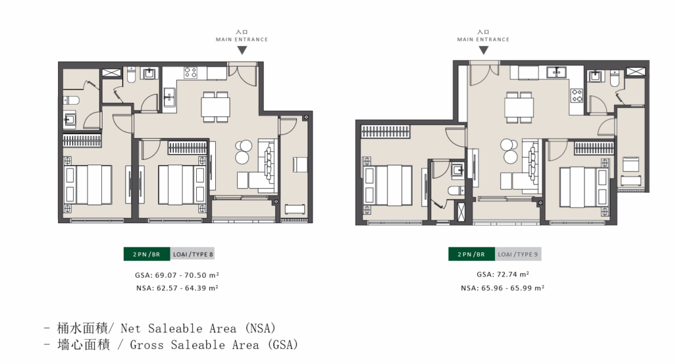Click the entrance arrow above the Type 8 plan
tap(242, 50)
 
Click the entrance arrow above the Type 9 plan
tap(484, 50)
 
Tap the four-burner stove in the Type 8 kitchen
tap(190, 72)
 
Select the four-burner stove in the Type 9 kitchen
tap(577, 95)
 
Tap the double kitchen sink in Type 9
tap(556, 72)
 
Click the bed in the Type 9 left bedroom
tap(388, 185)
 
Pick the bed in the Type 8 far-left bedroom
tap(88, 184)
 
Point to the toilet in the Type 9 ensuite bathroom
tap(455, 190)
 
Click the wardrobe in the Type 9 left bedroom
tap(385, 131)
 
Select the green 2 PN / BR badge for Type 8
tap(147, 254)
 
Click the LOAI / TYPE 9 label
tap(518, 255)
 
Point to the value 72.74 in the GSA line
tap(507, 274)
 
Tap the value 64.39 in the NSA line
tap(195, 288)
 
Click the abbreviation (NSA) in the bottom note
tap(261, 328)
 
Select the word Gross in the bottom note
tap(147, 345)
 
